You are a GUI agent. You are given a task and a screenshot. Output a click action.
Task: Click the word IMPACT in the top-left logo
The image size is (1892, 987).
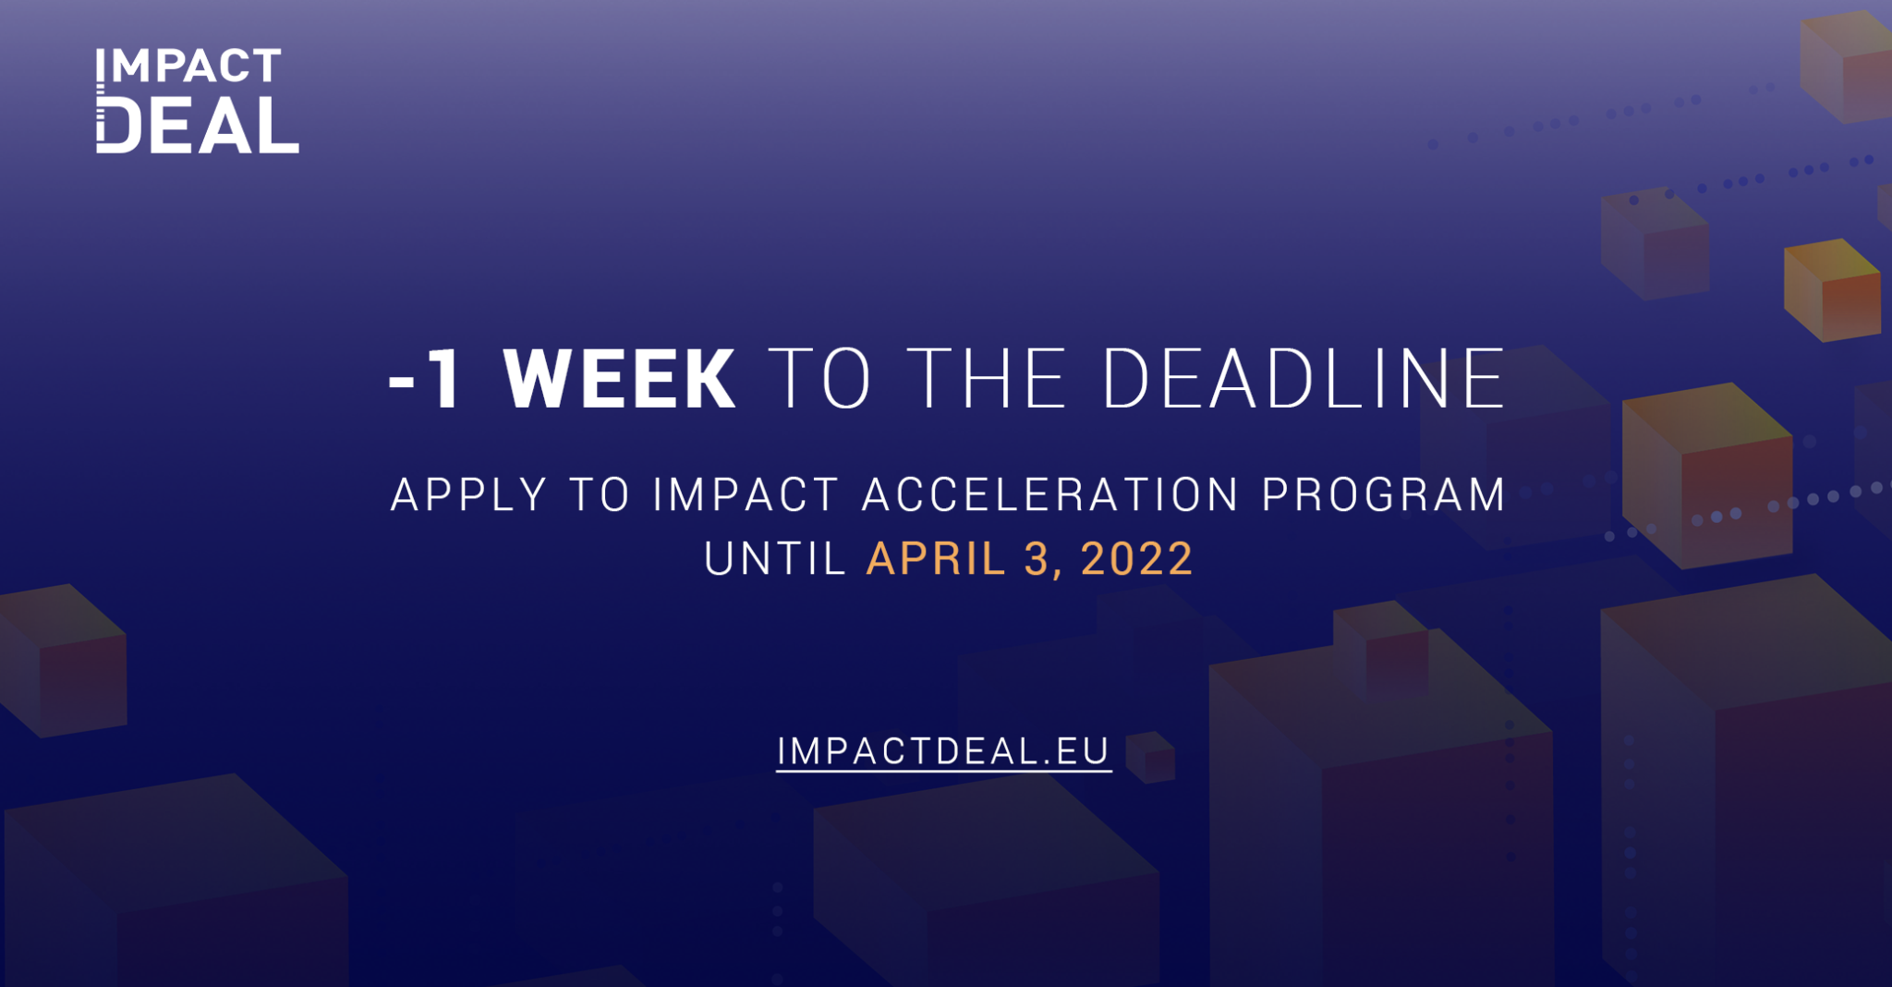tap(188, 66)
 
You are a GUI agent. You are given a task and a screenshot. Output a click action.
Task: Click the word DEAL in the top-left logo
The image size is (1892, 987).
tap(198, 125)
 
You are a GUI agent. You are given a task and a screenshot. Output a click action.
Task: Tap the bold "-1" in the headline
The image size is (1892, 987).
tap(425, 379)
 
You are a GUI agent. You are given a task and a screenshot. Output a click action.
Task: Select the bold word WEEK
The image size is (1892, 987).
tap(619, 379)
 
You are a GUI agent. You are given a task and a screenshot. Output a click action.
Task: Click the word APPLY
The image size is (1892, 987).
tap(469, 494)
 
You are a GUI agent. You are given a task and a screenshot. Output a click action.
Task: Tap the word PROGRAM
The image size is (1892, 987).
tap(1384, 494)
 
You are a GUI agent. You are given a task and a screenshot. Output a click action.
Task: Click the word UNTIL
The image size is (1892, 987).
tap(775, 559)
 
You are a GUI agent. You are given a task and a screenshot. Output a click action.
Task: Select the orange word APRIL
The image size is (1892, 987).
tap(936, 559)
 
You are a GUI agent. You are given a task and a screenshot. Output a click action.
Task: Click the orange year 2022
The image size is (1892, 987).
tap(1137, 559)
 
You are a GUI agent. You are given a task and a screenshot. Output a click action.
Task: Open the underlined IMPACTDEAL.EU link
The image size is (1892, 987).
tap(943, 752)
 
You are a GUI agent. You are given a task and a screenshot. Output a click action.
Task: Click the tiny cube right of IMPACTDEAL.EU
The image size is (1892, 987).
tap(1150, 757)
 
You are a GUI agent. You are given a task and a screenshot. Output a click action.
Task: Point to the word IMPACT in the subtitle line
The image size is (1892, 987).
tap(746, 494)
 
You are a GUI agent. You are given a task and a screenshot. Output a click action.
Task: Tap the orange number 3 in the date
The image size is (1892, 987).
tap(1038, 559)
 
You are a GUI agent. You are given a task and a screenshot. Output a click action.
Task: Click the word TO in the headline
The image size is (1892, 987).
tap(819, 379)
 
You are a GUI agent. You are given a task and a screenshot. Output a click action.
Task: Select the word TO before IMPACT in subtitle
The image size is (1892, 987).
tap(600, 494)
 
